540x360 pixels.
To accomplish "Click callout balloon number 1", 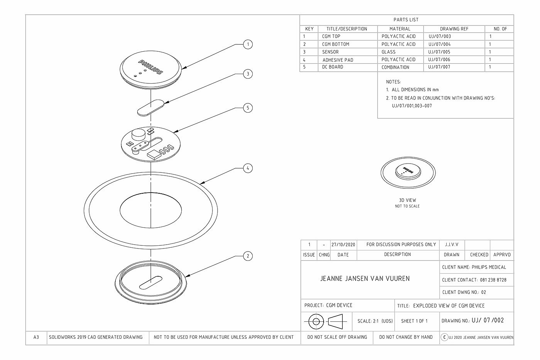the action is [248, 44].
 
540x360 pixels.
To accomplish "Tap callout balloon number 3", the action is [248, 74].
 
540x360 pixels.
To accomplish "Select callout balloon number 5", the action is [248, 108].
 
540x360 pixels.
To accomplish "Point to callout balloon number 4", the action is [248, 168].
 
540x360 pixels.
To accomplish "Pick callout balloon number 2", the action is [248, 256].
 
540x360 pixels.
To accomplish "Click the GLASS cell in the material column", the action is [388, 52].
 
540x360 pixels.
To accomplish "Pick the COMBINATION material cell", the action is [395, 67].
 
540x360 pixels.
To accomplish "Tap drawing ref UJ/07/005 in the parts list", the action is [439, 52].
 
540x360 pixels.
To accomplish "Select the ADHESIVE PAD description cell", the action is [338, 60].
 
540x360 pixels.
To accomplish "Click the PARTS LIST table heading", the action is [406, 20].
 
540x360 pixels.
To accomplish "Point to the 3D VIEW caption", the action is [407, 200].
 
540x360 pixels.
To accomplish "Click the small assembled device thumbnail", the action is [408, 172].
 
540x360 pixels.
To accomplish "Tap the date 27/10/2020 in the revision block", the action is [343, 245].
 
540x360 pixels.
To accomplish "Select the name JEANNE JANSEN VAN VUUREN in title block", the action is [365, 278].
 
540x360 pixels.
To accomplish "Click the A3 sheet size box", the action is [36, 337].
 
